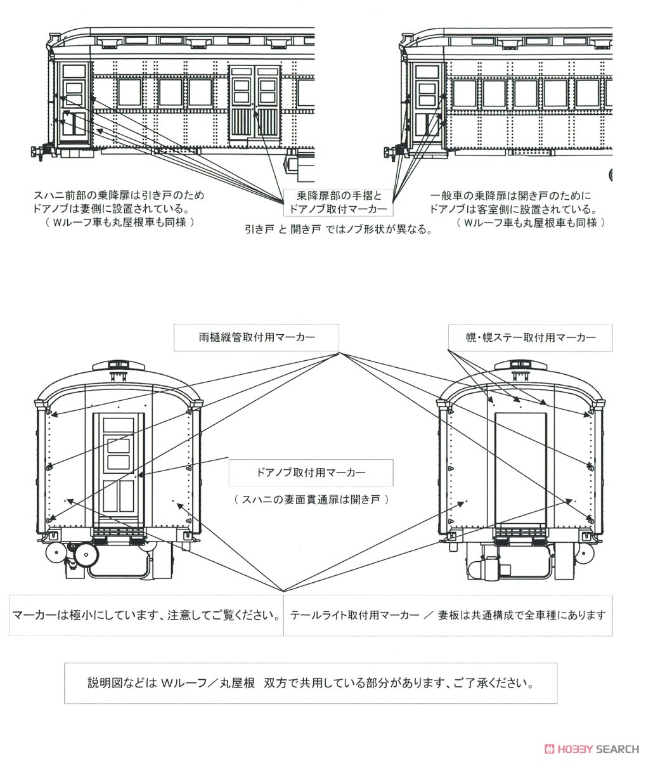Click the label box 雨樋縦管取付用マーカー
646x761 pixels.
click(256, 337)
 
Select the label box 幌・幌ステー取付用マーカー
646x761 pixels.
click(530, 337)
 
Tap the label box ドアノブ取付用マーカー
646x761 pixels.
click(311, 473)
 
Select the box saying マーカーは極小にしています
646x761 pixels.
click(146, 615)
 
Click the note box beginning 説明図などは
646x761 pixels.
click(310, 684)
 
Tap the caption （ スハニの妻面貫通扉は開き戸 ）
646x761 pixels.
click(311, 500)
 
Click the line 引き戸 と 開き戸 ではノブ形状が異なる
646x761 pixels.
click(339, 230)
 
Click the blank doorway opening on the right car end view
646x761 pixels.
click(520, 468)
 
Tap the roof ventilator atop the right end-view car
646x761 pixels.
click(520, 366)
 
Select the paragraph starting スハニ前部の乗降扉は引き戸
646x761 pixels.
click(119, 209)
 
